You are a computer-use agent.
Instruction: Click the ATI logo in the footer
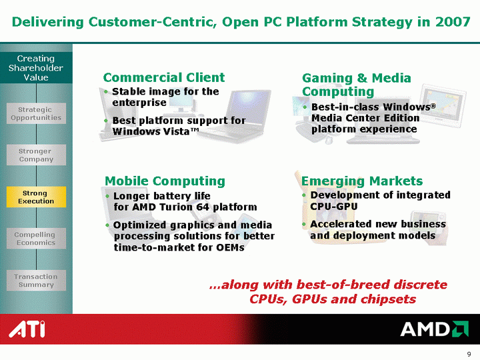click(27, 329)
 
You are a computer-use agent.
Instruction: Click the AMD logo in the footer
click(435, 329)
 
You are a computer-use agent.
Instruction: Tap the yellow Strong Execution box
click(36, 197)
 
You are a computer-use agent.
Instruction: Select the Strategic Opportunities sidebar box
click(36, 113)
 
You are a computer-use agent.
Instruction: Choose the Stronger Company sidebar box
click(36, 155)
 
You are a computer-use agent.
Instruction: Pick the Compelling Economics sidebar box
click(36, 239)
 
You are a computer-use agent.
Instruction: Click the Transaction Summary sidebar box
click(36, 281)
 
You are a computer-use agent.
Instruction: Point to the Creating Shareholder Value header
click(36, 67)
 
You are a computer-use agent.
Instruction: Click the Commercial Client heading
click(164, 77)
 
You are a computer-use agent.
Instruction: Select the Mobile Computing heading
click(165, 181)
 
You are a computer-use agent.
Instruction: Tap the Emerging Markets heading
click(362, 181)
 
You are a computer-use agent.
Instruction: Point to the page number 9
click(469, 354)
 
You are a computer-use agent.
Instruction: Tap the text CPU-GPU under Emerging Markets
click(334, 206)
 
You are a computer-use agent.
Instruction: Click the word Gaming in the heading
click(327, 78)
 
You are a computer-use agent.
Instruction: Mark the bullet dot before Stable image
click(106, 91)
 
